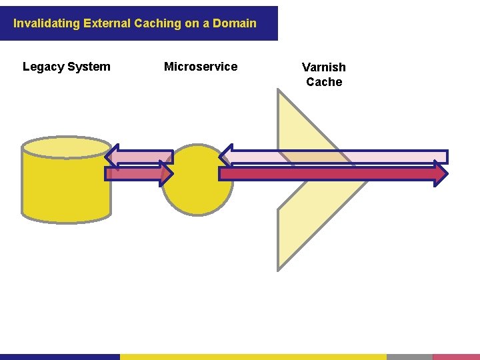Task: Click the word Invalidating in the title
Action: [47, 23]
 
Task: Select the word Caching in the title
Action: [157, 23]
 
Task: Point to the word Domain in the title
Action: [235, 23]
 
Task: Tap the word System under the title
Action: [89, 67]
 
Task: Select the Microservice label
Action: [201, 67]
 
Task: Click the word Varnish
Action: [324, 67]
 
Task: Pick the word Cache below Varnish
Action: [324, 82]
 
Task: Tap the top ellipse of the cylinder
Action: [65, 147]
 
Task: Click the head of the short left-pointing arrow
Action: [112, 157]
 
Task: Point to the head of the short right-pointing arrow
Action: [167, 174]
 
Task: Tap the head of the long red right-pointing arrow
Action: [441, 173]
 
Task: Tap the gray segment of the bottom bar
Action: [409, 357]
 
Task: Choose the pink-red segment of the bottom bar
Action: [456, 357]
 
